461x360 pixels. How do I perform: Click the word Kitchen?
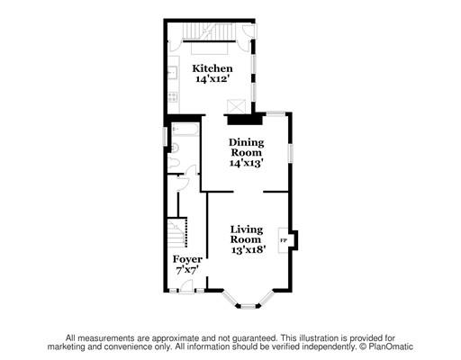point(212,68)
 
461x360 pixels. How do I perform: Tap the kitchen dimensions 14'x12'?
point(212,80)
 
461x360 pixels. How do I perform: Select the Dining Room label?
point(247,148)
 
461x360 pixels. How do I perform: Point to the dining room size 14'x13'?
point(247,164)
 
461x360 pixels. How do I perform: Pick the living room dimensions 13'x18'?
point(246,249)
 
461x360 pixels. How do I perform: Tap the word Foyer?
point(187,259)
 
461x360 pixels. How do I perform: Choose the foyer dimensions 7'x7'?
point(187,270)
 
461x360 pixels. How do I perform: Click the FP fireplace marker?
point(283,241)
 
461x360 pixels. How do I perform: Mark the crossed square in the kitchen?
point(237,105)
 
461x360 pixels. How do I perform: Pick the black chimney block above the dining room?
point(240,117)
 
